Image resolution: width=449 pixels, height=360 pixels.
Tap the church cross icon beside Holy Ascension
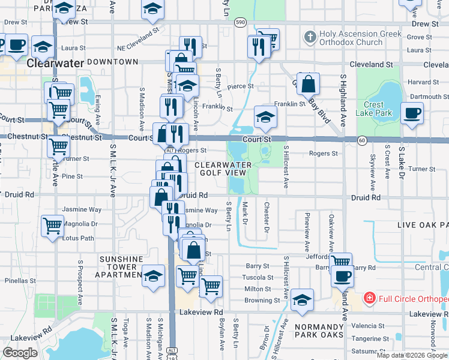(310, 37)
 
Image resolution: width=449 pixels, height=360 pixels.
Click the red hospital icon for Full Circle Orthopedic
(369, 298)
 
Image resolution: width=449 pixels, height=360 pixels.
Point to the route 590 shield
(240, 22)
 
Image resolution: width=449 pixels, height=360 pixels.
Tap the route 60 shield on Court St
(362, 140)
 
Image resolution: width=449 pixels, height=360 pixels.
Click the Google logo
(20, 353)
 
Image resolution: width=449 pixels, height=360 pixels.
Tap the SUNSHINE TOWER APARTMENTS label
(121, 267)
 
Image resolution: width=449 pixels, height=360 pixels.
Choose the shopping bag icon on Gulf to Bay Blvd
(308, 84)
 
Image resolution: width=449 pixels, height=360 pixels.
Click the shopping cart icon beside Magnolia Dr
(53, 226)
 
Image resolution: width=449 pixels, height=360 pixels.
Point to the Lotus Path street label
(78, 238)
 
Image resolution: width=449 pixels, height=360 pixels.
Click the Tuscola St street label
(257, 277)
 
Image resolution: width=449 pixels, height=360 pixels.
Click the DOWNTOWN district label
(113, 62)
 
